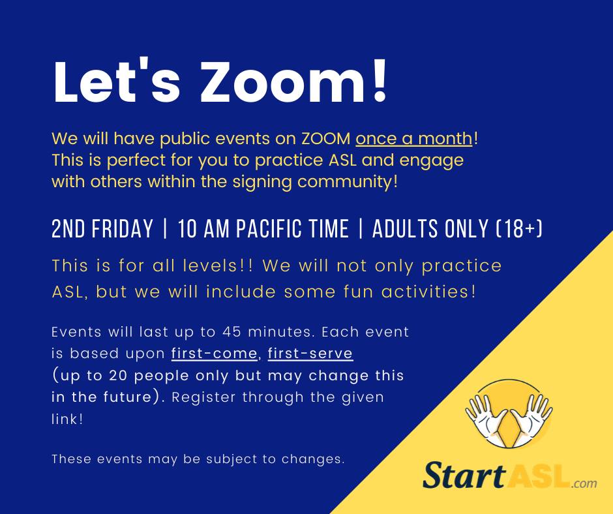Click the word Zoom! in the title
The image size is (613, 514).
coord(293,82)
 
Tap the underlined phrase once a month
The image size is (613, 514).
coord(414,138)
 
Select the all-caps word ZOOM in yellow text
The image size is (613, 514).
coord(326,138)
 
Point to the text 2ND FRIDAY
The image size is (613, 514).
coord(102,228)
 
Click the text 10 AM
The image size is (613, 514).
coord(203,228)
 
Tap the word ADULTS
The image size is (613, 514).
coord(405,228)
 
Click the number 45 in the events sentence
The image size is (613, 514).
coord(231,332)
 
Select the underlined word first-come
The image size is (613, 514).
coord(215,354)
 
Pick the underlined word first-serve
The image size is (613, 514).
coord(310,354)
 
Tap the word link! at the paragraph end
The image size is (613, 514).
coord(67,419)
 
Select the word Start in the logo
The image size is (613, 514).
coord(464,475)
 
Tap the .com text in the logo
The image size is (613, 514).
coord(584,483)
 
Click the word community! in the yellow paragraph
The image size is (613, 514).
coord(347,182)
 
